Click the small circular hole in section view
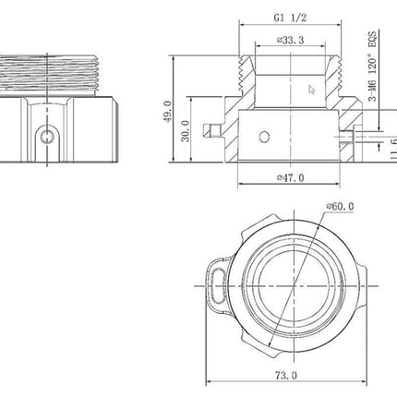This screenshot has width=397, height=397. [264, 138]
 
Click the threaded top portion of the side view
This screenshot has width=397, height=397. [55, 70]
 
